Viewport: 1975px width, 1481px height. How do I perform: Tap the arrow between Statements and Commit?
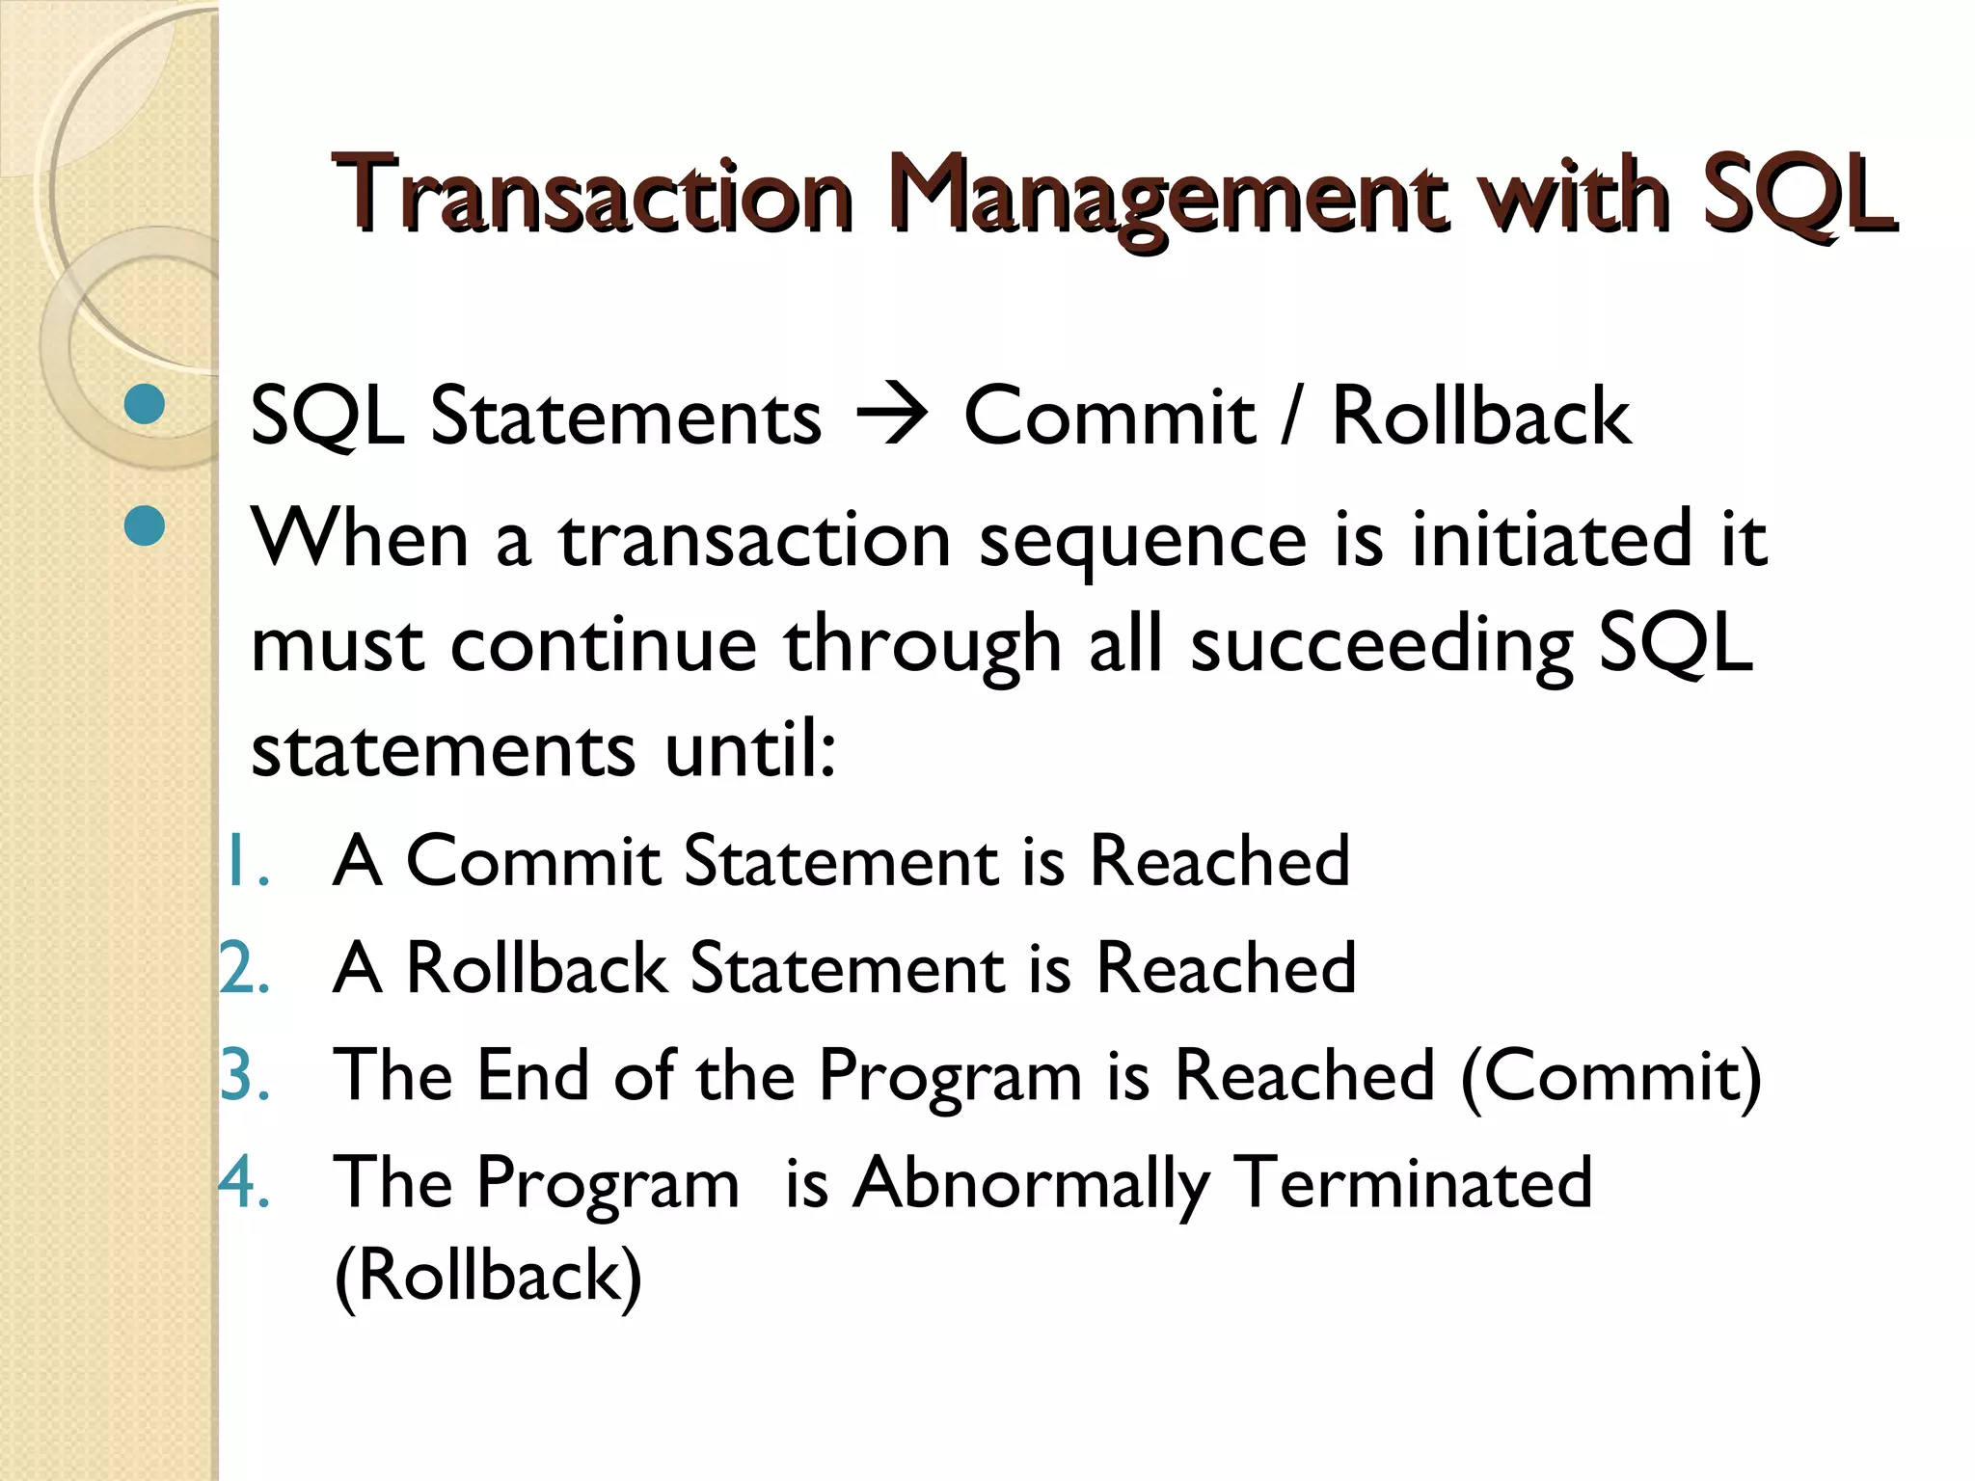pos(891,417)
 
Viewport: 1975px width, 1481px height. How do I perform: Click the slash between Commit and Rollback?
pos(1291,417)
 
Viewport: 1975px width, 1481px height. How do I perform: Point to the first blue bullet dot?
pos(145,405)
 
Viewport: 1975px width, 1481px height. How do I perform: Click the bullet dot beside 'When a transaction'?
pos(145,526)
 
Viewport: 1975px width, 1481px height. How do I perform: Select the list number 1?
pos(240,861)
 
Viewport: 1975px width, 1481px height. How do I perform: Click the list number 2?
pos(243,968)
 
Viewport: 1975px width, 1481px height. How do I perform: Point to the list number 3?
pos(243,1075)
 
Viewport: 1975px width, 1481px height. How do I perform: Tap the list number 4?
pos(243,1182)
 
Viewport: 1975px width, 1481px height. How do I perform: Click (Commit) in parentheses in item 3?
pos(1610,1077)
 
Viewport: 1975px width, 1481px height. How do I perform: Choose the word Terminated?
pos(1413,1182)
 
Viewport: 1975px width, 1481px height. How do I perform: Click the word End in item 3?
pos(532,1075)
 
